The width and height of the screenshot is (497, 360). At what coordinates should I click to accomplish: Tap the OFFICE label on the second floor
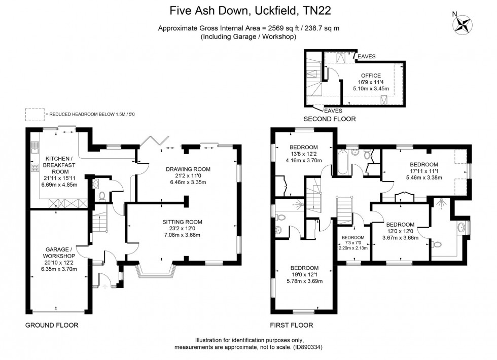pyautogui.click(x=371, y=76)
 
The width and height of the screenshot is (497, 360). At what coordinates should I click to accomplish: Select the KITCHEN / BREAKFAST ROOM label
pyautogui.click(x=60, y=165)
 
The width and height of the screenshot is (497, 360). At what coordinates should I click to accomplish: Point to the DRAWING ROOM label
pyautogui.click(x=188, y=169)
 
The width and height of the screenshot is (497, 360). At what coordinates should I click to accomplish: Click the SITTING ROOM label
pyautogui.click(x=182, y=222)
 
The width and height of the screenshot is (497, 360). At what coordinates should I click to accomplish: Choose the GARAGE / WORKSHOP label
pyautogui.click(x=59, y=253)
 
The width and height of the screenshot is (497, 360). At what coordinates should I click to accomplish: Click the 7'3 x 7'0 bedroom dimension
pyautogui.click(x=353, y=243)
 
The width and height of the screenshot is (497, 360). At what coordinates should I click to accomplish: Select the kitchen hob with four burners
pyautogui.click(x=34, y=168)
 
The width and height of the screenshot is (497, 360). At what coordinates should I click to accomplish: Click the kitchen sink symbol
pyautogui.click(x=34, y=148)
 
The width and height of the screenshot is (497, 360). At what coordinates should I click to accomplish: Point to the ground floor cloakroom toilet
pyautogui.click(x=102, y=196)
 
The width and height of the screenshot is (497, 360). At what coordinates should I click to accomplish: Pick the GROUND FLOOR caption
pyautogui.click(x=52, y=325)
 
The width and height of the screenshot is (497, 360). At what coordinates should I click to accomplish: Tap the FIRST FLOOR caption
pyautogui.click(x=292, y=325)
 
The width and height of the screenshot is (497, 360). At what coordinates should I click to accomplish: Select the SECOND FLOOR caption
pyautogui.click(x=330, y=119)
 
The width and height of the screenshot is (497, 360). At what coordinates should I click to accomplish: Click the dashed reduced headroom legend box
pyautogui.click(x=35, y=115)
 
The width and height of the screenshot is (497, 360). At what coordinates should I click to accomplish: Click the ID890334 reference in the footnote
pyautogui.click(x=308, y=347)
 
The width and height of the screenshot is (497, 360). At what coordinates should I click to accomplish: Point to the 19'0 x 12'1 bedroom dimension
pyautogui.click(x=305, y=274)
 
